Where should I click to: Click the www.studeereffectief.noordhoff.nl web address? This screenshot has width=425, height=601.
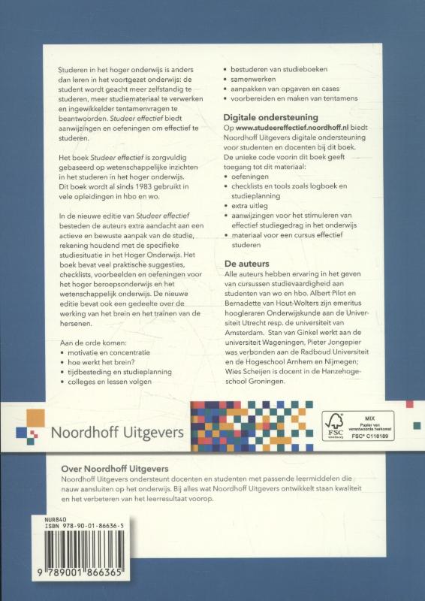291,129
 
